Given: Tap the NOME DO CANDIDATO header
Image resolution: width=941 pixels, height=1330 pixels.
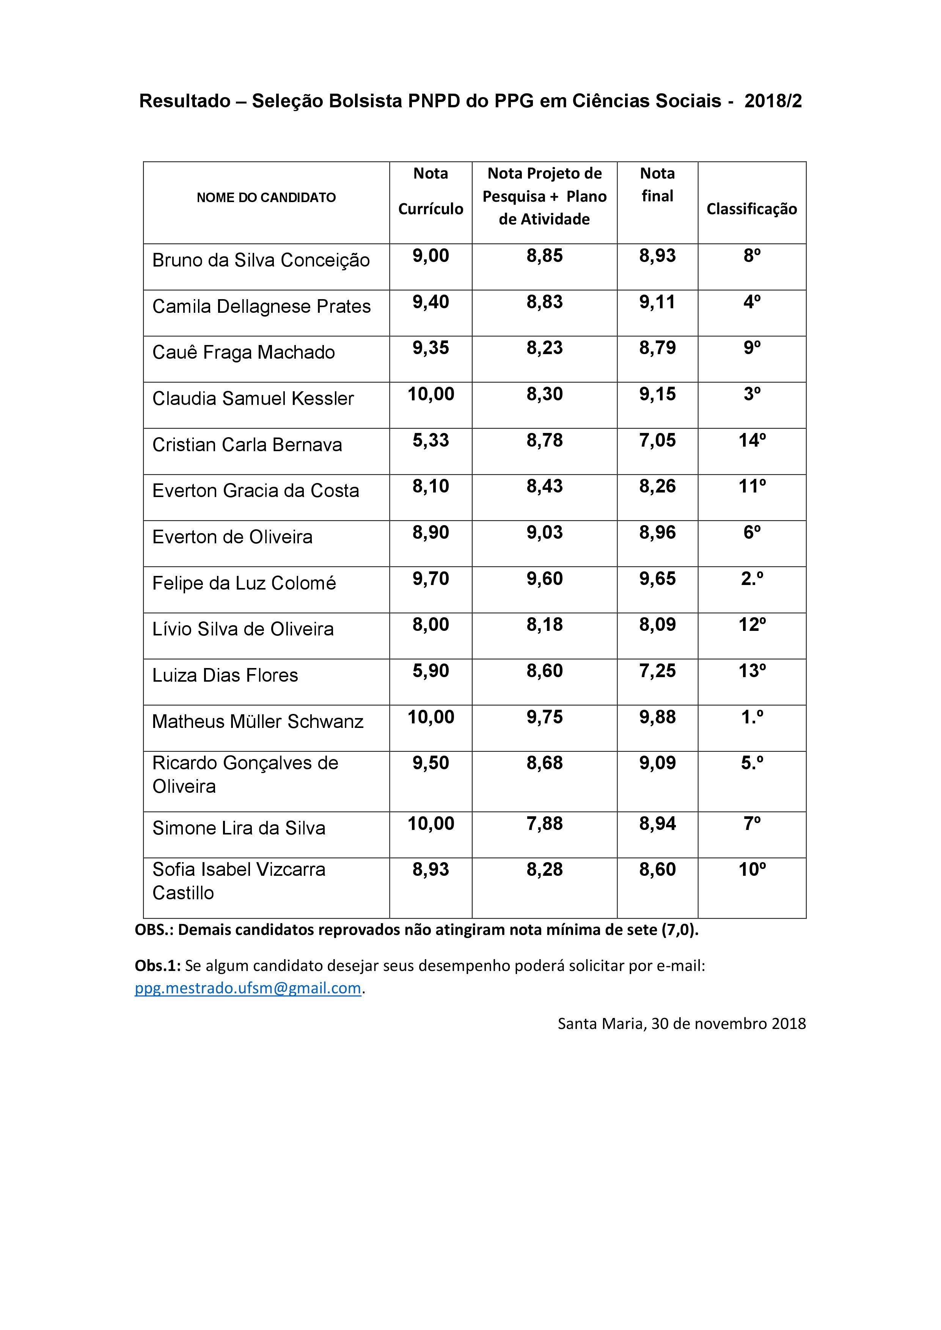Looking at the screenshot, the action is tap(266, 198).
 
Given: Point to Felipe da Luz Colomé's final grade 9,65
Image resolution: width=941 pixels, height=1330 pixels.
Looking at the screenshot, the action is tap(657, 579).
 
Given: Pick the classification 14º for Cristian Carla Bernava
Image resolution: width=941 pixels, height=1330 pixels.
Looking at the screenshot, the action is tap(751, 440).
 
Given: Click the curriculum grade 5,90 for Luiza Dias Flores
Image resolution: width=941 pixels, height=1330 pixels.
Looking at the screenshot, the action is tap(430, 671).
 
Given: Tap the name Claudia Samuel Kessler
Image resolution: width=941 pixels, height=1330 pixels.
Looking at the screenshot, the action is tap(253, 398).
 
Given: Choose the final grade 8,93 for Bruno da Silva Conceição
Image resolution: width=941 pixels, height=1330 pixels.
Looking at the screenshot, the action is tap(657, 256).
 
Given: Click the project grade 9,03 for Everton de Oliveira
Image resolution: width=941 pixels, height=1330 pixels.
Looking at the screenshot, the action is tap(544, 532).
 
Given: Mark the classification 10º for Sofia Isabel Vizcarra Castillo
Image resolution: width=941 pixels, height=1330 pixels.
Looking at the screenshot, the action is tap(751, 869).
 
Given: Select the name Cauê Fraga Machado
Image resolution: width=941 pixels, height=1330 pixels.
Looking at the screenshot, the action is tap(243, 352).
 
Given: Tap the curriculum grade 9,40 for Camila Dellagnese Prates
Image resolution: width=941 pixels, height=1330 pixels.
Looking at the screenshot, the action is tap(430, 302).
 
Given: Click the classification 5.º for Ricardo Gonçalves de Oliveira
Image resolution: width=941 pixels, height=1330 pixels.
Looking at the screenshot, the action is tap(751, 763).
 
